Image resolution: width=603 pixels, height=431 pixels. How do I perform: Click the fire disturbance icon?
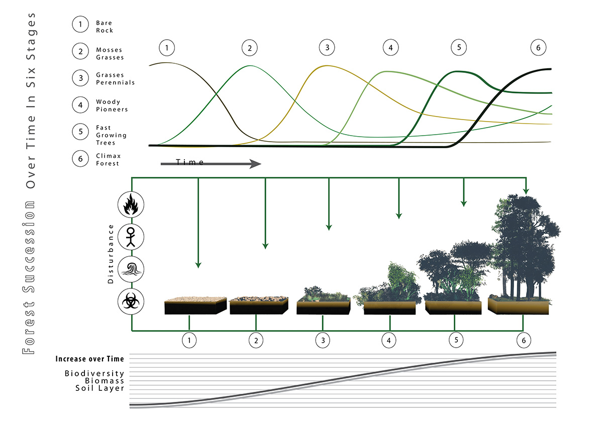(x=131, y=204)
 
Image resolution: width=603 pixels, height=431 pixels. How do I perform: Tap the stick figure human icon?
(x=131, y=236)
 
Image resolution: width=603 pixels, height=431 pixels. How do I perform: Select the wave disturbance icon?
(x=131, y=269)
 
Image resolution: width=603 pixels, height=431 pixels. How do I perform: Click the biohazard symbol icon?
(x=131, y=301)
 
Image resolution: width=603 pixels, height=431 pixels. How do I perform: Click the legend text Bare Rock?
(x=105, y=27)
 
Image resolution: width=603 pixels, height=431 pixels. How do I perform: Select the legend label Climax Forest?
(x=108, y=160)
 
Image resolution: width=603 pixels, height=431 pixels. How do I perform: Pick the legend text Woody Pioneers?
(x=112, y=105)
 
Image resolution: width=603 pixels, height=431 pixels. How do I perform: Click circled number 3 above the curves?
(x=327, y=48)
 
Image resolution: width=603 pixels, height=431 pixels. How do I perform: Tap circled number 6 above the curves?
(x=538, y=48)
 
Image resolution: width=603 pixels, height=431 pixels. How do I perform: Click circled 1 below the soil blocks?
(x=189, y=340)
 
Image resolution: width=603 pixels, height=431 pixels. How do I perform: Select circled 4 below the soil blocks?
(x=389, y=340)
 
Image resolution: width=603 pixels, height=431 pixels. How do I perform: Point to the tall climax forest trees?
(x=523, y=246)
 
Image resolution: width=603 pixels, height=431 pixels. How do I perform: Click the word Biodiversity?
(x=94, y=374)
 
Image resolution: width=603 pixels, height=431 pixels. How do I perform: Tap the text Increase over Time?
(x=90, y=359)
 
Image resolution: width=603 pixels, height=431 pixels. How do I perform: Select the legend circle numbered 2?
(x=79, y=51)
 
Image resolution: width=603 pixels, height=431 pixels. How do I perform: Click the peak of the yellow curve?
(x=327, y=65)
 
